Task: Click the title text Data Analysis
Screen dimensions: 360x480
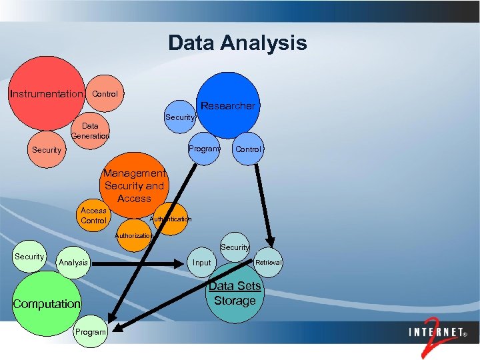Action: coord(237,43)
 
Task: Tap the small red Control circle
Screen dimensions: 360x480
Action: coord(104,93)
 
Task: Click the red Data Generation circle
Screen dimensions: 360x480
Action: coord(91,130)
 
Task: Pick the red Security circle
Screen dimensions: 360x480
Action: coord(47,150)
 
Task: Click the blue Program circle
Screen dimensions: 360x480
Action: coord(203,149)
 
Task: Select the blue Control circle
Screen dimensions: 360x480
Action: coord(248,149)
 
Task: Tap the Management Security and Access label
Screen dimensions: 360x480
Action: coord(134,186)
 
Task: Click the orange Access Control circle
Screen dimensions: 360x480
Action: coord(93,215)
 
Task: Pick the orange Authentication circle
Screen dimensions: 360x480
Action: coord(171,219)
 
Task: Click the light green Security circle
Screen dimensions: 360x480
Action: coord(29,257)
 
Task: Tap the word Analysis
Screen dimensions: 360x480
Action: coord(73,263)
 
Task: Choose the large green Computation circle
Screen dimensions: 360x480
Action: coord(47,304)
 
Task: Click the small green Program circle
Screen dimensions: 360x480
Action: coord(91,332)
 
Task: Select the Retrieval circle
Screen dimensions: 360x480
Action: coord(269,263)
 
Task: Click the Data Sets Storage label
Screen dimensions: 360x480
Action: coord(235,293)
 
